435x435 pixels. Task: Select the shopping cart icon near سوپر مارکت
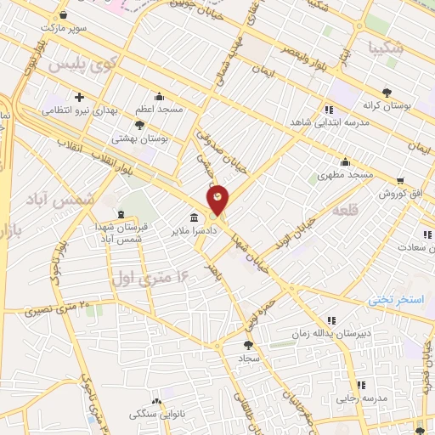click(x=65, y=14)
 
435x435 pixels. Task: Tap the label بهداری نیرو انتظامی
click(x=82, y=110)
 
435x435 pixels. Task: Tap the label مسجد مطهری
click(x=346, y=175)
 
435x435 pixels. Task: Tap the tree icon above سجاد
click(x=248, y=345)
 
